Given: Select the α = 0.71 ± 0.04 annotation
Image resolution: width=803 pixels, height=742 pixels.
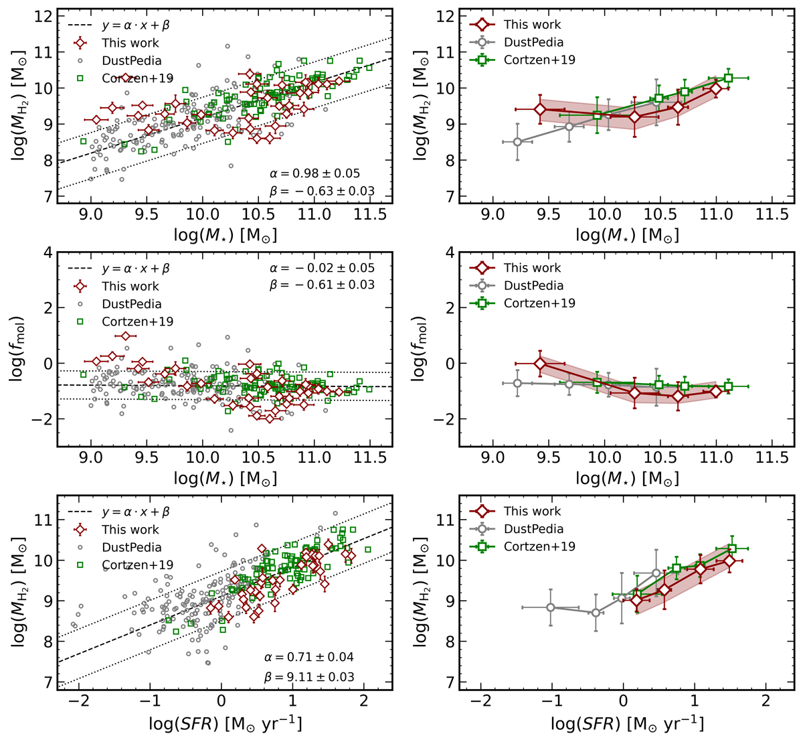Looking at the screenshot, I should click(x=308, y=658).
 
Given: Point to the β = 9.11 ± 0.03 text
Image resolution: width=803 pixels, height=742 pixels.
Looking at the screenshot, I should click(x=308, y=676).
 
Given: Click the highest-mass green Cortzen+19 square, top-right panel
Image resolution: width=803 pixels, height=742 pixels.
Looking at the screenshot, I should click(x=728, y=78).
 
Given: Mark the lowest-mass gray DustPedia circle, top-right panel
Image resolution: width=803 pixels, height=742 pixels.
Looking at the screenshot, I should click(x=517, y=142).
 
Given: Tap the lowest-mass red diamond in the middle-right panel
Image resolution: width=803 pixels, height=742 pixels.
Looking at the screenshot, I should click(x=540, y=364).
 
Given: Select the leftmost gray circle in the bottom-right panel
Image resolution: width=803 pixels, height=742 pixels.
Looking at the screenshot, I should click(x=551, y=607).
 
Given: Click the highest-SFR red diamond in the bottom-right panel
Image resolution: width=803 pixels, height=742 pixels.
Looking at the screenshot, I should click(x=729, y=561).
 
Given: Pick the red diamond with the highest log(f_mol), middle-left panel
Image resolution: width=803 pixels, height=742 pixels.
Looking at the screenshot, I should click(x=125, y=336).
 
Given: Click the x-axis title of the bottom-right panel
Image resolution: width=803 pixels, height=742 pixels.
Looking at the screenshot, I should click(x=627, y=725).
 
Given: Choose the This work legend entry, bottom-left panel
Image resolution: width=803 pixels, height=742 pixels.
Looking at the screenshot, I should click(x=130, y=530).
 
